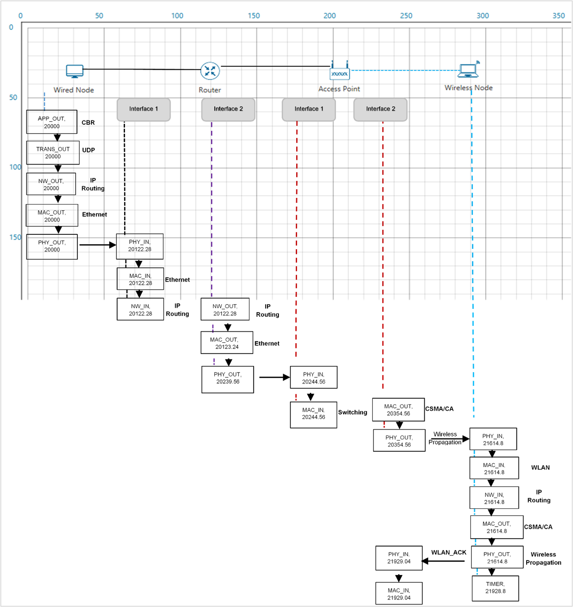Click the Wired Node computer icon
click(75, 71)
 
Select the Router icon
click(210, 71)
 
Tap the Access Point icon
click(339, 71)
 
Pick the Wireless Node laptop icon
click(468, 70)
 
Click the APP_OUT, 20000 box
click(52, 122)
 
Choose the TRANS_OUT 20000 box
click(53, 153)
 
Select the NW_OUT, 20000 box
click(51, 184)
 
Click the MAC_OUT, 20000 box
click(52, 216)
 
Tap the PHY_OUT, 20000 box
click(52, 246)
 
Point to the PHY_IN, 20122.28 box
click(140, 246)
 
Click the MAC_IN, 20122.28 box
click(140, 279)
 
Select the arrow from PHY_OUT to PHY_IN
click(97, 245)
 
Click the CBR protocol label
click(88, 123)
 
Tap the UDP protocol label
click(88, 150)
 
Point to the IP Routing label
click(93, 184)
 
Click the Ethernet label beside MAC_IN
click(177, 279)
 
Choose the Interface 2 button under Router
click(228, 109)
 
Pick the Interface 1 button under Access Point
click(309, 109)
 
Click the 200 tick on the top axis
click(329, 16)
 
